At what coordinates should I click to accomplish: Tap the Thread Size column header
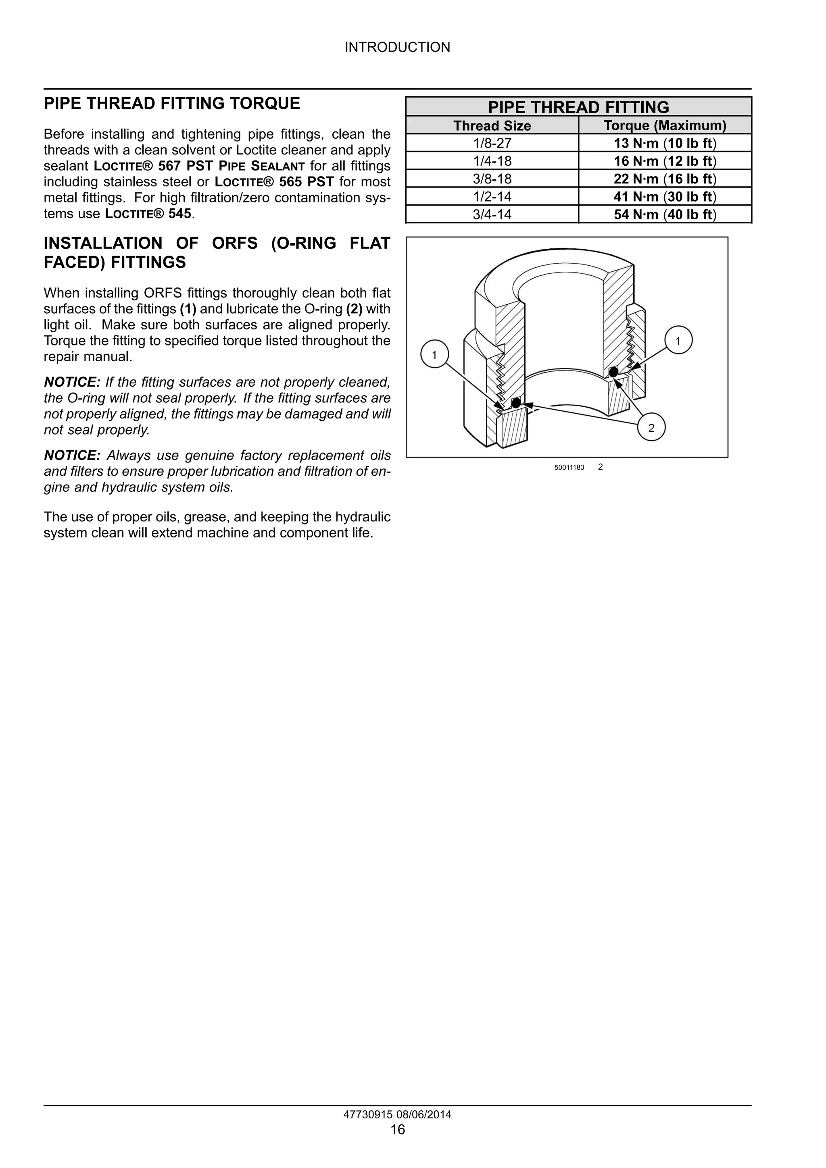[492, 126]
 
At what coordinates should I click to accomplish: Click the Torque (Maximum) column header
[665, 126]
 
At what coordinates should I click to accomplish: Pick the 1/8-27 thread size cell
[492, 144]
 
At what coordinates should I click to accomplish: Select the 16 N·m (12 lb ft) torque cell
[665, 161]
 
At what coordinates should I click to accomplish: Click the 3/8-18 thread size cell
[492, 179]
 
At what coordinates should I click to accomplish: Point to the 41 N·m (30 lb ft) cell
[665, 197]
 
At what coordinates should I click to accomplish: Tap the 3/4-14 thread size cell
[492, 214]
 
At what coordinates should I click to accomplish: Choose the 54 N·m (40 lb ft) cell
[665, 214]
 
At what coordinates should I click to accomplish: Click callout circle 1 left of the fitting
[434, 355]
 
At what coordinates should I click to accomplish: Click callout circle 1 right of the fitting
[678, 340]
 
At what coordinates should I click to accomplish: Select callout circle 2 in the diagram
[651, 428]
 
